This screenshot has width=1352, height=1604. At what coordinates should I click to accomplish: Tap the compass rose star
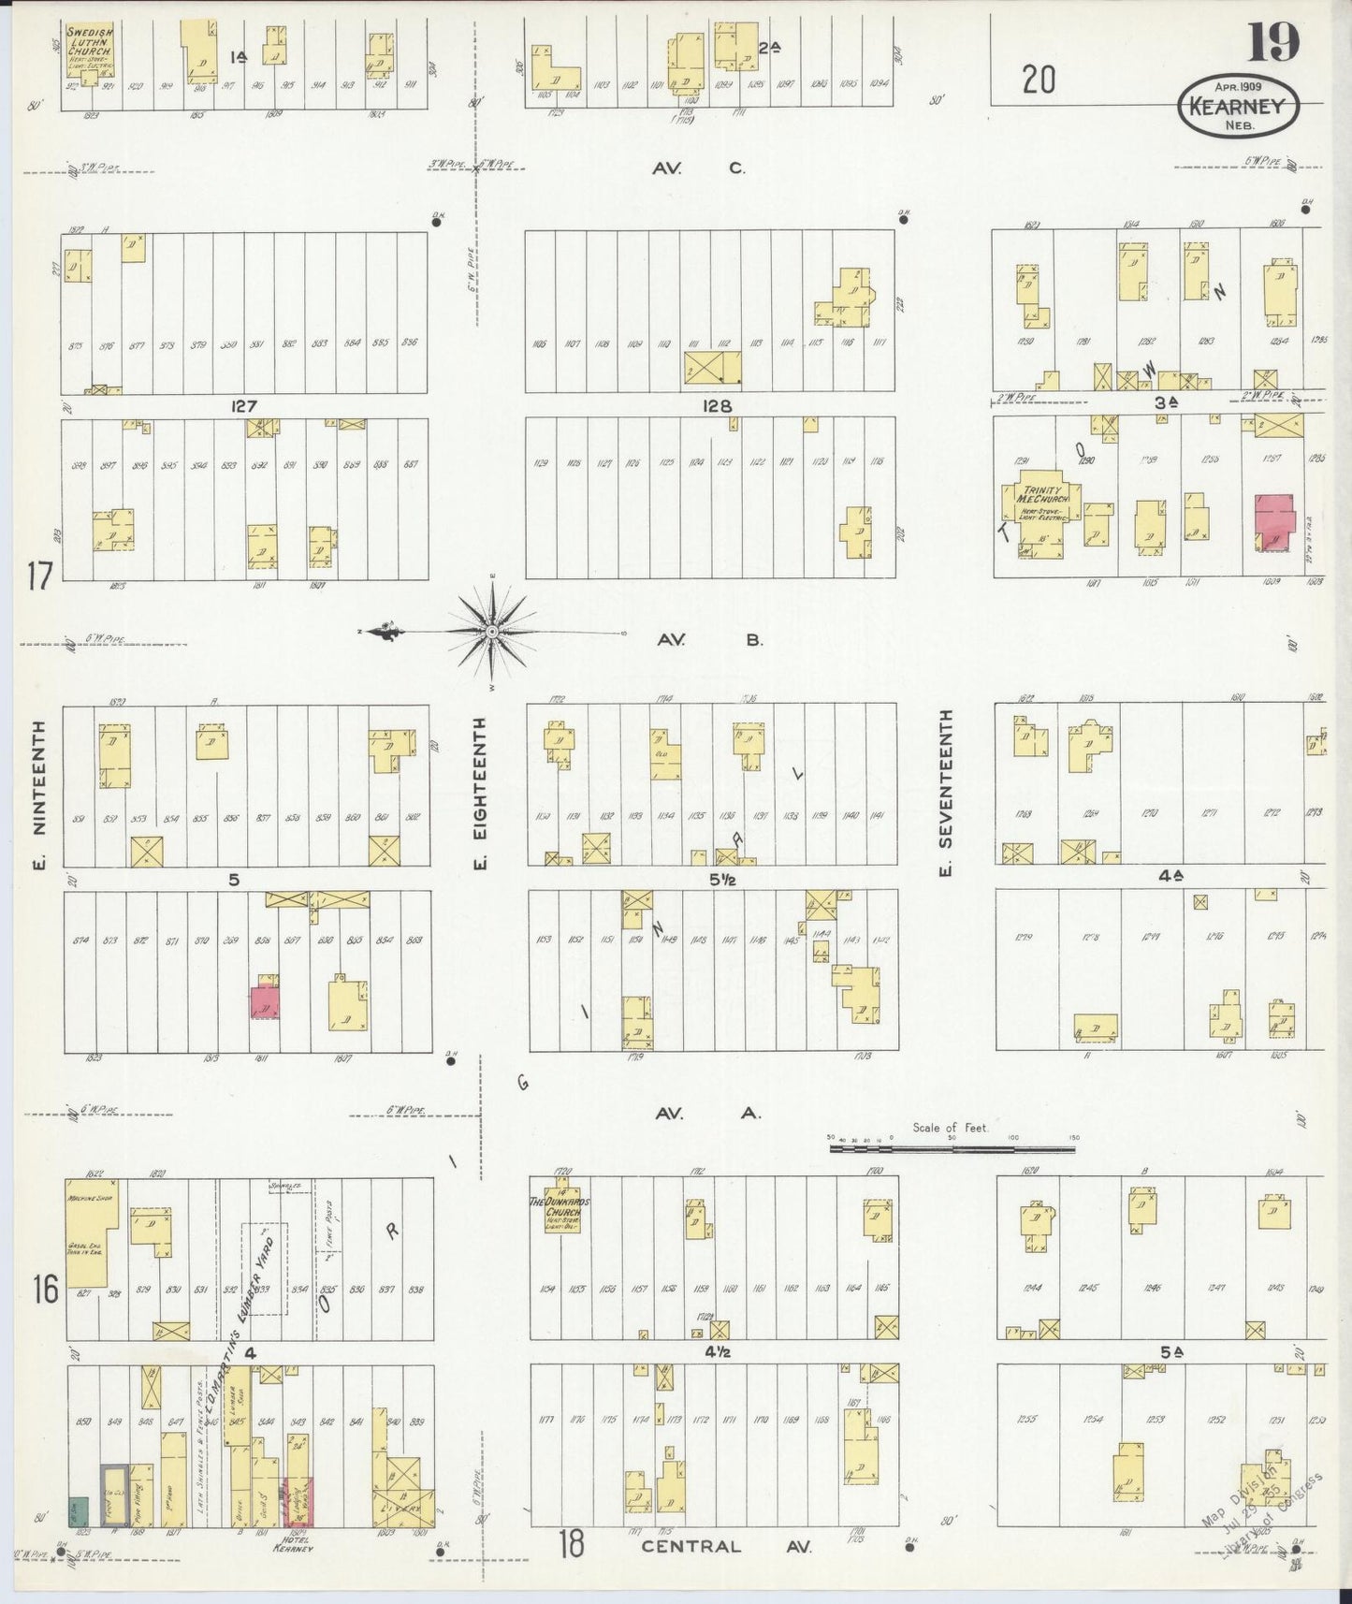tap(491, 633)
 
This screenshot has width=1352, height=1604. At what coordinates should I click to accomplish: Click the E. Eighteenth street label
tap(481, 792)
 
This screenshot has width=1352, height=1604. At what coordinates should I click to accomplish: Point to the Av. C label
tap(699, 168)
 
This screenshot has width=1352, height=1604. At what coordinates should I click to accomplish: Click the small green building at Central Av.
tap(78, 1509)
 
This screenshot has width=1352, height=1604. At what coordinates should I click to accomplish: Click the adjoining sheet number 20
tap(1039, 81)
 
